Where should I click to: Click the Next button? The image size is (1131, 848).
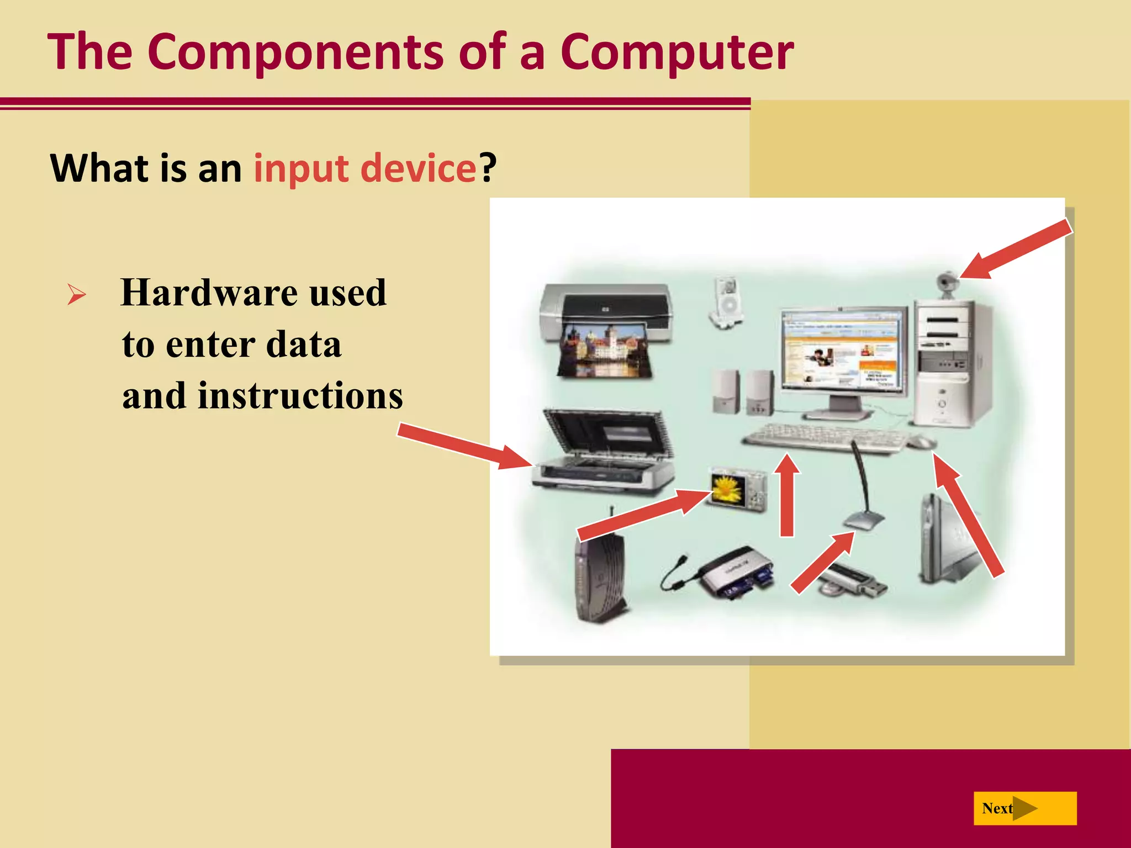(x=1024, y=808)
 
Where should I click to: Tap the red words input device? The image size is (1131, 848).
(x=364, y=168)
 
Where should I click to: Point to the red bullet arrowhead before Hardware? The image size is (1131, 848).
(x=76, y=294)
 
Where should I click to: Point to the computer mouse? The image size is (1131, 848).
(x=921, y=442)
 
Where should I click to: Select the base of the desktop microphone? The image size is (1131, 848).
(x=863, y=521)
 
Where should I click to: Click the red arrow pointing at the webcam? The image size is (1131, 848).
(x=1016, y=248)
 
